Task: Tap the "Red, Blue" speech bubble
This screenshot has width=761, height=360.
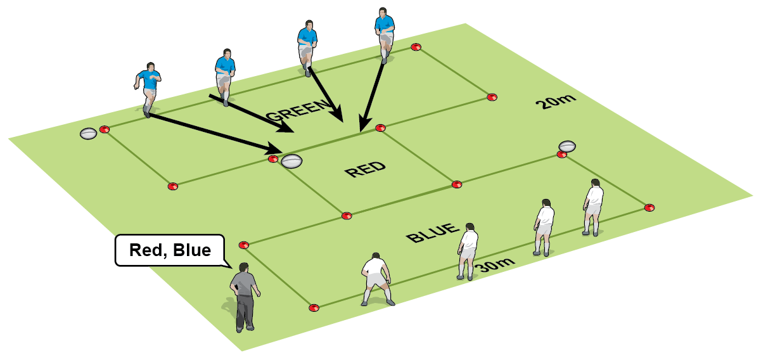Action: pyautogui.click(x=170, y=250)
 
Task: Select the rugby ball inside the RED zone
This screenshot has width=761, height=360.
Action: pyautogui.click(x=292, y=160)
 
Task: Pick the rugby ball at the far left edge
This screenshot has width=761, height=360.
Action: pyautogui.click(x=88, y=133)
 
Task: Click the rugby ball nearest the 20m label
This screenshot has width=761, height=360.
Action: pyautogui.click(x=567, y=146)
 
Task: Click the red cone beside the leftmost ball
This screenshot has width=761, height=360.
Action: pyautogui.click(x=105, y=129)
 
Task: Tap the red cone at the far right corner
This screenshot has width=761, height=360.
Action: pyautogui.click(x=649, y=207)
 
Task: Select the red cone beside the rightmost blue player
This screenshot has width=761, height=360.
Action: pyautogui.click(x=416, y=46)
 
